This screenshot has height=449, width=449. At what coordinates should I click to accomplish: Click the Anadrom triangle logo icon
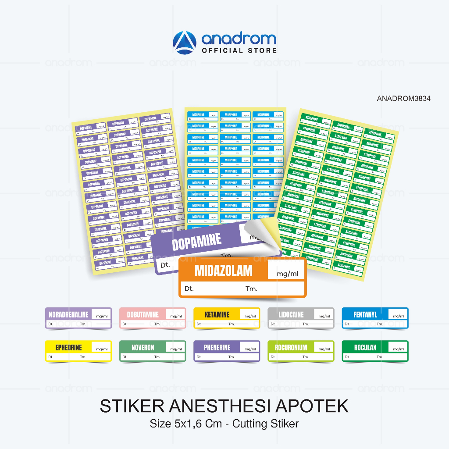coord(186,43)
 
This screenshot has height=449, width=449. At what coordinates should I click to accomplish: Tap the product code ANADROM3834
coord(403,99)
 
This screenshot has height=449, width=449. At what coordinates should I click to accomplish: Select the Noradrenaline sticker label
coord(78,318)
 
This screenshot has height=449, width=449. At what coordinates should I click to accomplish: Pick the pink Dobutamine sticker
coord(153,318)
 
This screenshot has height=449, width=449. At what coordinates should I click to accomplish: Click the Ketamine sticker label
coord(227,318)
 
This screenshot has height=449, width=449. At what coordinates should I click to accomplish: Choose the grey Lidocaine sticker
coord(301,318)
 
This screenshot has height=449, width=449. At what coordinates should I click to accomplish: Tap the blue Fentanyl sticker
coord(375,318)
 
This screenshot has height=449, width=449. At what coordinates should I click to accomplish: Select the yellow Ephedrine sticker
coord(78,351)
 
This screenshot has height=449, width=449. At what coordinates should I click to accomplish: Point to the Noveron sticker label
coord(153,351)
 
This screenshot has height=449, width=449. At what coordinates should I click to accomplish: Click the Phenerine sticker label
coord(227,351)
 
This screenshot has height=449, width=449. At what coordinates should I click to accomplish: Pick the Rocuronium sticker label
coord(301,351)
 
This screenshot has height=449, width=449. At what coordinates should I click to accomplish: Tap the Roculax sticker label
coord(375,351)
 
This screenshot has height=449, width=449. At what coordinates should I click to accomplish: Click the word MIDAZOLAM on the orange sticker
coord(224,271)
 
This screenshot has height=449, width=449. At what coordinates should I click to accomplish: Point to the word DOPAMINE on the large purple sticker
coord(196,242)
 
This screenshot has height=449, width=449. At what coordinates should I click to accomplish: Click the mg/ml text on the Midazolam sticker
coord(288,274)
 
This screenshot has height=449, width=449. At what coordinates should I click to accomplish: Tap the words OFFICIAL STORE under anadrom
coord(239,50)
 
